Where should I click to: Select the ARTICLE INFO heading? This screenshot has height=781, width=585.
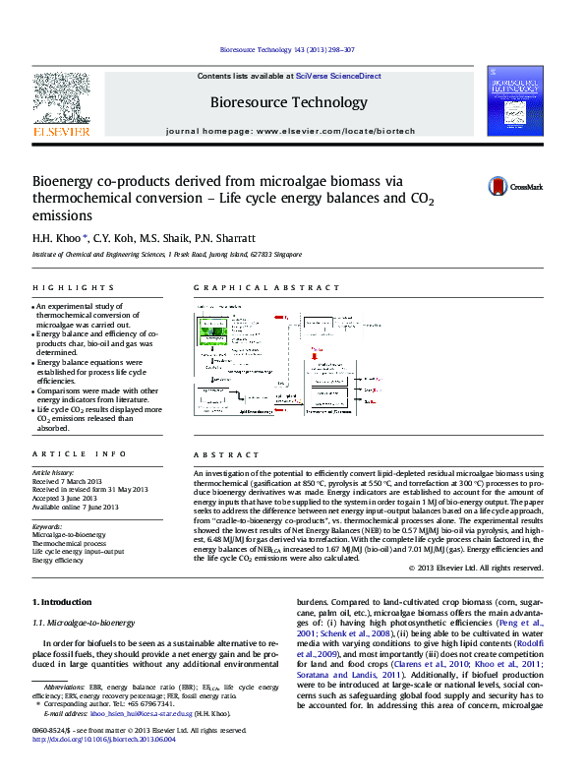pyautogui.click(x=79, y=453)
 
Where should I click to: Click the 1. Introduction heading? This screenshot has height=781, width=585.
pyautogui.click(x=64, y=601)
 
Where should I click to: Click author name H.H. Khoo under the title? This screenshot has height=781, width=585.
pyautogui.click(x=58, y=238)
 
